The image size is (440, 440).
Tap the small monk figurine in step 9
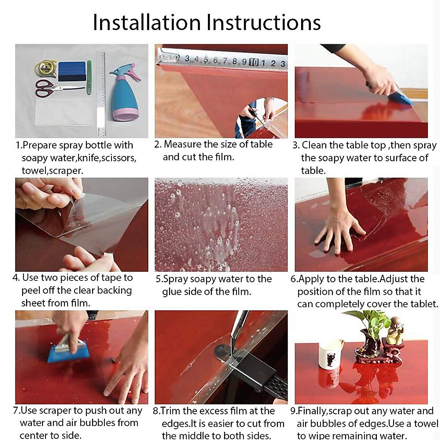click(395, 330)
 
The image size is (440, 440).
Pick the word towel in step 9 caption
click(426, 423)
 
